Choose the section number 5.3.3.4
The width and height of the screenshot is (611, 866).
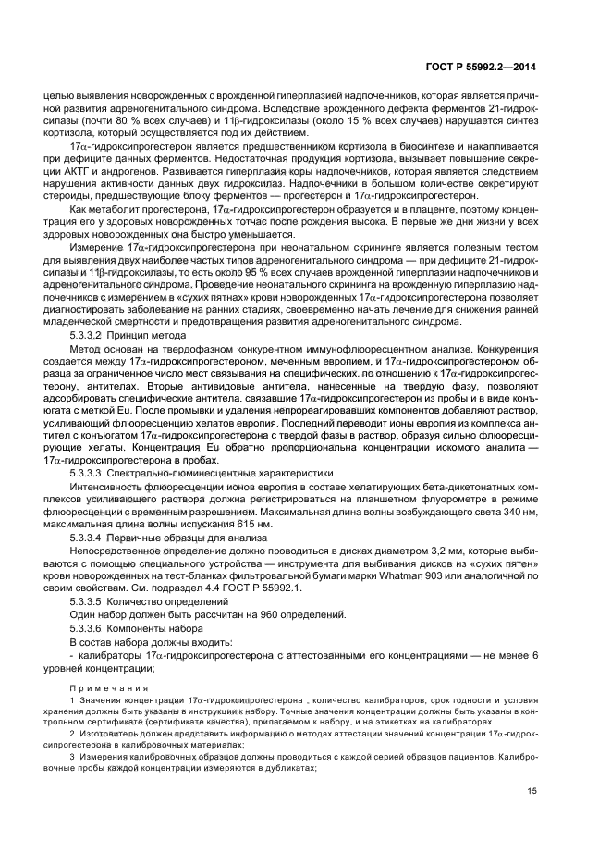(x=89, y=537)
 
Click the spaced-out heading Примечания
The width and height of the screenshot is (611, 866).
(x=108, y=688)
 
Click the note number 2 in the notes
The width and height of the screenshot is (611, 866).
(x=72, y=733)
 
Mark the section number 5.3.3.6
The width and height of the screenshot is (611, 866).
(x=89, y=628)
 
